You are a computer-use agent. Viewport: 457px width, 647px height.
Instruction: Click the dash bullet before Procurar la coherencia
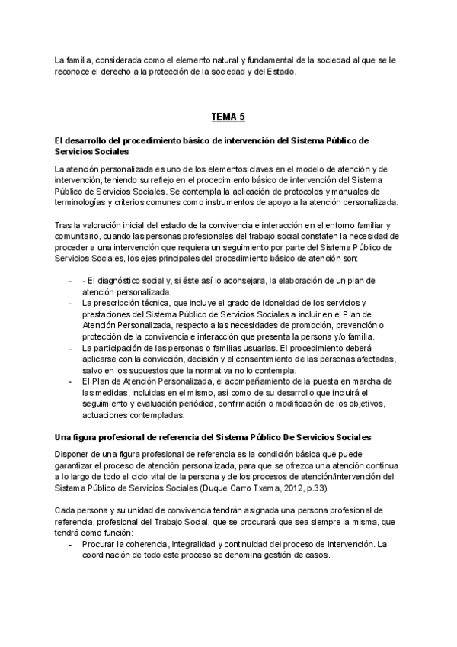point(70,543)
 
